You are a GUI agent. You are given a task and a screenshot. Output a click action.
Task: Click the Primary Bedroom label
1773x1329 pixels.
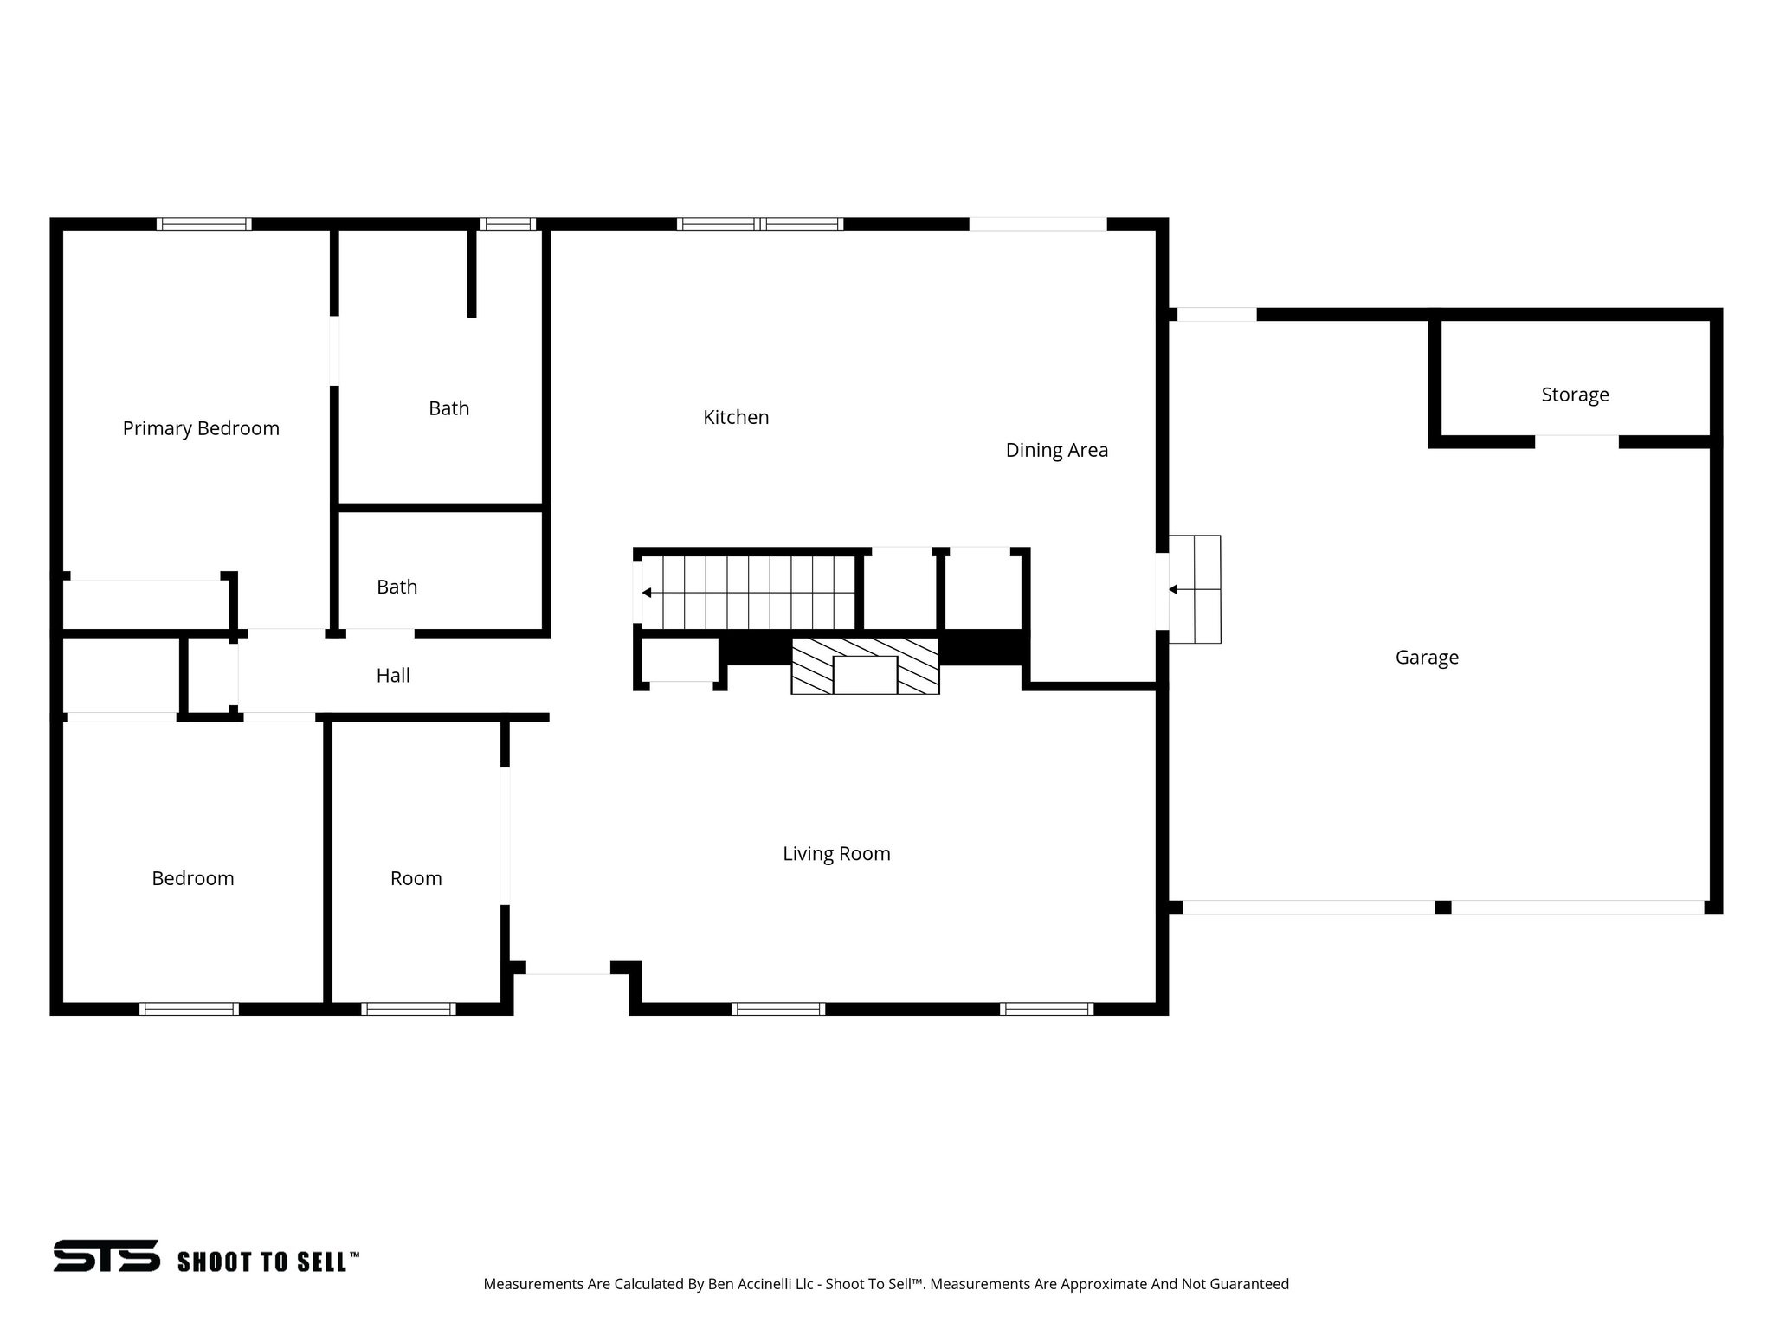tap(201, 428)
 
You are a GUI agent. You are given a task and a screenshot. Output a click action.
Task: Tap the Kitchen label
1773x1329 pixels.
tap(736, 417)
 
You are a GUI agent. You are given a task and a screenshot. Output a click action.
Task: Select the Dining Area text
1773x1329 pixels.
tap(1056, 450)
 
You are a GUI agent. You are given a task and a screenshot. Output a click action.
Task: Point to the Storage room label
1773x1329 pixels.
tap(1575, 395)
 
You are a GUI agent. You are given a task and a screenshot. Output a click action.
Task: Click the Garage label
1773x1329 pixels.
tap(1427, 658)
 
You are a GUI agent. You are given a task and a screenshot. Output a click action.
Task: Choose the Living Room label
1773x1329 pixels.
tap(836, 854)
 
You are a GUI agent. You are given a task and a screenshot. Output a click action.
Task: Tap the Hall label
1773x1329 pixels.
tap(393, 676)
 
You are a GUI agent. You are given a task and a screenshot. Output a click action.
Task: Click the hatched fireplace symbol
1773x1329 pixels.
tap(865, 666)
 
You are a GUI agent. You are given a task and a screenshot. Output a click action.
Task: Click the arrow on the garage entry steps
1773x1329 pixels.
tap(1174, 589)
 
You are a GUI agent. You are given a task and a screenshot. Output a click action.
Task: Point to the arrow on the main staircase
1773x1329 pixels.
tap(647, 593)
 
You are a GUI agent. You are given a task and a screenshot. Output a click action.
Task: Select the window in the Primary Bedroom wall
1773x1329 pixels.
tap(204, 224)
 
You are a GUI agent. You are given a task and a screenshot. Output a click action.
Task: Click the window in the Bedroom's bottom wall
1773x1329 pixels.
tap(189, 1009)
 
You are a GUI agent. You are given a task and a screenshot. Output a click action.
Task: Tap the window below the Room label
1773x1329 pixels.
tap(408, 1009)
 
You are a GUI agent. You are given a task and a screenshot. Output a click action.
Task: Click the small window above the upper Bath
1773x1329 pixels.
tap(508, 224)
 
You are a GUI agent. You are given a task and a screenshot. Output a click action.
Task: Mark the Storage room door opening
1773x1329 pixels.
tap(1576, 441)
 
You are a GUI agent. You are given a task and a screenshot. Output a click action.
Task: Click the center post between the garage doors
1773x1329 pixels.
tap(1443, 907)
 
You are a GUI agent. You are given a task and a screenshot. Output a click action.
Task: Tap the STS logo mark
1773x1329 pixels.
tap(106, 1255)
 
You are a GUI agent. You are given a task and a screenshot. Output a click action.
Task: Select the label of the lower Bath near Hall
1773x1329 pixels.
tap(397, 587)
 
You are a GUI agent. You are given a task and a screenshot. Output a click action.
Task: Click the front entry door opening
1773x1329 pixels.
tap(568, 968)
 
